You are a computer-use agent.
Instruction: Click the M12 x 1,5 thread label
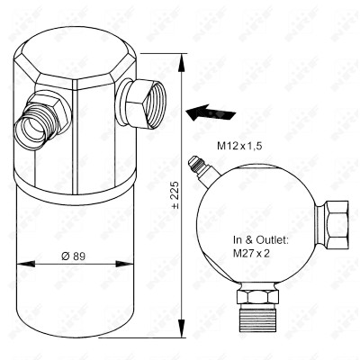tap(239, 146)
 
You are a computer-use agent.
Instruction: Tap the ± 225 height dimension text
tap(175, 194)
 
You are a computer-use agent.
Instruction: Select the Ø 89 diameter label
tap(73, 256)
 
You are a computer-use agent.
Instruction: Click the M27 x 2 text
tap(251, 254)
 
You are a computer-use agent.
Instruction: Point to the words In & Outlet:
tap(261, 240)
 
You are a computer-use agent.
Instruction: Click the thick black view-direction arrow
tap(211, 113)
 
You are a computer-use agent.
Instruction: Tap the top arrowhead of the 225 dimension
tap(181, 63)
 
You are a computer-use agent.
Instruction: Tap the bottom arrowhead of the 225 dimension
tap(181, 328)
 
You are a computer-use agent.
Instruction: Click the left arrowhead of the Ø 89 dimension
tap(26, 264)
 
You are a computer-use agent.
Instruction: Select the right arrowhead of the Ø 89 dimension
tap(124, 264)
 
